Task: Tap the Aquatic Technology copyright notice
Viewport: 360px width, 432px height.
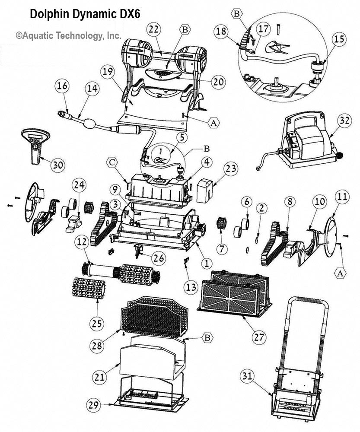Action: pos(69,36)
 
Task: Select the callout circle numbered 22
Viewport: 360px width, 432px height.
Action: pos(153,30)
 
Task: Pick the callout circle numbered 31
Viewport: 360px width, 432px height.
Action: pos(256,377)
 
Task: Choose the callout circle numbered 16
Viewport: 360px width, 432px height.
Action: pos(62,86)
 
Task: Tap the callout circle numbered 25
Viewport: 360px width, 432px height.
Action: pos(96,322)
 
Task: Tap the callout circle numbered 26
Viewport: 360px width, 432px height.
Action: pos(159,258)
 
